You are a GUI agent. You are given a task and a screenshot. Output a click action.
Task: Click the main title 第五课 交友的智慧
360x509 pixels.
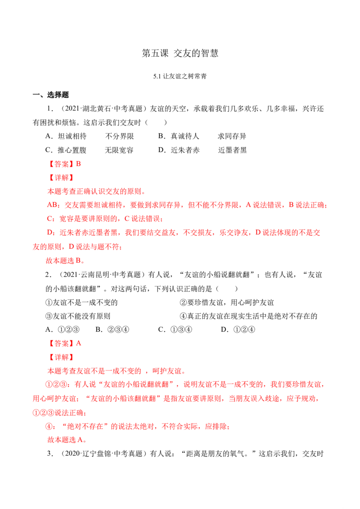coord(180,53)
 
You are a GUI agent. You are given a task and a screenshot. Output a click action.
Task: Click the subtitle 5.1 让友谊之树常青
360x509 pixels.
coord(180,76)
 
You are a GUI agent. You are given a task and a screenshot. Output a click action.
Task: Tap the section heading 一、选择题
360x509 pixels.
coord(51,95)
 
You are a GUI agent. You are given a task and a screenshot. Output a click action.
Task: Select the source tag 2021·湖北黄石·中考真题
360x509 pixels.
coord(103,109)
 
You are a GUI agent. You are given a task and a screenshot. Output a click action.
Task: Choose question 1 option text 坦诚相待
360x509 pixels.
coord(72,136)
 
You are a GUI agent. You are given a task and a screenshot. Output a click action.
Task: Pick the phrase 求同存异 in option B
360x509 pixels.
coord(232,136)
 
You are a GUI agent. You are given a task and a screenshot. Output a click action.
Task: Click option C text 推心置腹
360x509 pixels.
coord(72,150)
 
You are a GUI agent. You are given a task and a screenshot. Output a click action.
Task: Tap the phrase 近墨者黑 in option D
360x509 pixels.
coord(232,150)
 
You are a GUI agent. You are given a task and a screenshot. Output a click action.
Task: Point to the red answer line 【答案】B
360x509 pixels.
coord(64,164)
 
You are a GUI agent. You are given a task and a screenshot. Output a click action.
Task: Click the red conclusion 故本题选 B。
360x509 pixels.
coord(66,260)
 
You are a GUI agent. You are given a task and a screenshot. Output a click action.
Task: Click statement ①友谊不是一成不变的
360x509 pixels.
coord(81,303)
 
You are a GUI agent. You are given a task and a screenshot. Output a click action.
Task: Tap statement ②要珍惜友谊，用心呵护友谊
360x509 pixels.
coord(227,303)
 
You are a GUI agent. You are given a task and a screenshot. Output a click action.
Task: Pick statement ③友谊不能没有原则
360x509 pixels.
coord(78,316)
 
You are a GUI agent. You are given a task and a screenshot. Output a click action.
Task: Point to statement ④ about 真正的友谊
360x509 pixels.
coord(248,316)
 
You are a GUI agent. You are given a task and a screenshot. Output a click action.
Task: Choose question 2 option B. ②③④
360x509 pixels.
coord(112,330)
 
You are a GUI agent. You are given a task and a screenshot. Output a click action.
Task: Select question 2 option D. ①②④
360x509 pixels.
coord(238,330)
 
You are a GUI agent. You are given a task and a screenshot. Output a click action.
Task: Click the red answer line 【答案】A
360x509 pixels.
coord(64,344)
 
